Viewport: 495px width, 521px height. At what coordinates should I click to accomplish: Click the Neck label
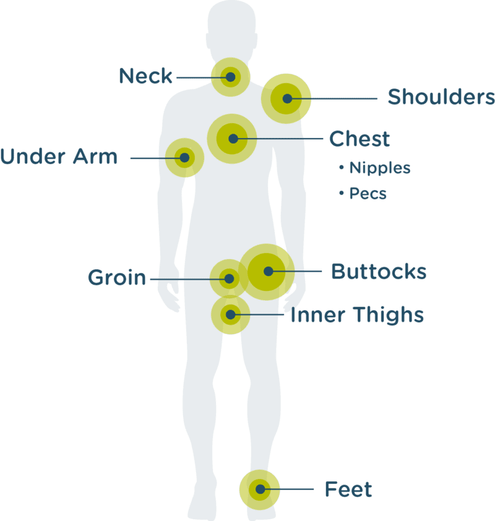tap(145, 75)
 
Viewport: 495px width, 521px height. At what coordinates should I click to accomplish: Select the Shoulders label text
tap(441, 97)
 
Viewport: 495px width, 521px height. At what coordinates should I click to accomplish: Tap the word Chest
tap(359, 139)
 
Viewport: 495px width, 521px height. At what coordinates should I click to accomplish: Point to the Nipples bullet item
tap(375, 168)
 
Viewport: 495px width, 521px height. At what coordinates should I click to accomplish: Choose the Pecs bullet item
tap(363, 194)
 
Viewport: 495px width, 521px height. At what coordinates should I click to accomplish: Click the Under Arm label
tap(59, 156)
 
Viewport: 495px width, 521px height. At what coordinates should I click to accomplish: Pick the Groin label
tap(117, 277)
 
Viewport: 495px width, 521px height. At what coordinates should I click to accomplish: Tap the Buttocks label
tap(379, 272)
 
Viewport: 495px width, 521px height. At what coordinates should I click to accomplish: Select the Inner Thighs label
tap(357, 315)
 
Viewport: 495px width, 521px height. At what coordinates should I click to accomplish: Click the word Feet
tap(348, 489)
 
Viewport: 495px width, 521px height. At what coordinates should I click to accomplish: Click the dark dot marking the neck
tap(231, 77)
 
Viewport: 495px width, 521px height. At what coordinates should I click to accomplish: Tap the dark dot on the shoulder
tap(287, 98)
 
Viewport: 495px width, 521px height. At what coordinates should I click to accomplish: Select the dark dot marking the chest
tap(233, 139)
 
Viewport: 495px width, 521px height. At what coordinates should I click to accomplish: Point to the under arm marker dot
tap(185, 158)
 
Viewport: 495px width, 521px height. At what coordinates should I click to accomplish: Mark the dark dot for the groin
tap(229, 279)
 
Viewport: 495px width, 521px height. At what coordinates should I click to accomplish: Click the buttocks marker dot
tap(269, 272)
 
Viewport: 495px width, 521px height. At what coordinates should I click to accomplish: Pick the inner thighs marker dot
tap(230, 314)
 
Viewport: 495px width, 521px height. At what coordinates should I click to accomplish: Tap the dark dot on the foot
tap(260, 489)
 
